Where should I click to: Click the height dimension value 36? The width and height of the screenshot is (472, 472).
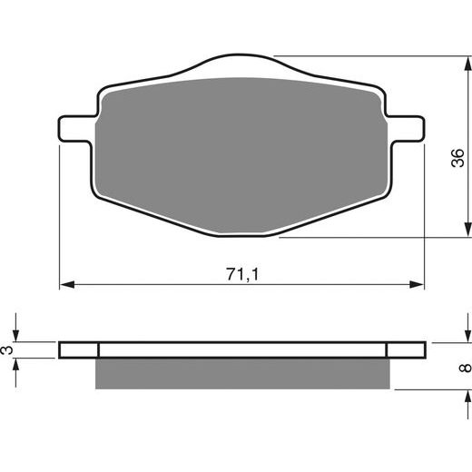[457, 158]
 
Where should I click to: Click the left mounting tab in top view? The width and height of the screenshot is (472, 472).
[77, 128]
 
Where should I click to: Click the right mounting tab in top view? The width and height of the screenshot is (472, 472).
[406, 128]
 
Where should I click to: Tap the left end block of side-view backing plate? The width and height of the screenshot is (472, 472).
[78, 349]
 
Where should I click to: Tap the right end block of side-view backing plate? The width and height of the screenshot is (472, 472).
[406, 349]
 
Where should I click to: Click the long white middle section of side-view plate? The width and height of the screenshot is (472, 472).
[242, 349]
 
